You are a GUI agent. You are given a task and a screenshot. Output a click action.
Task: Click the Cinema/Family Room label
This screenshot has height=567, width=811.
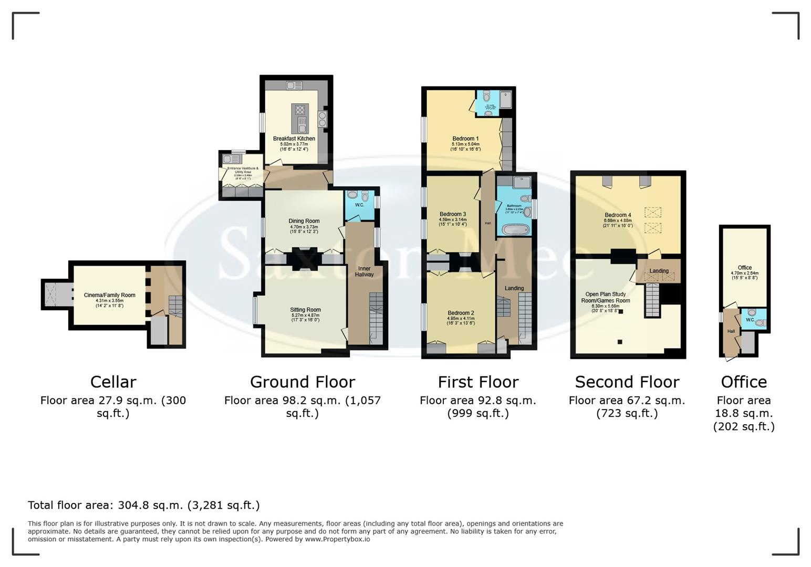[109, 295]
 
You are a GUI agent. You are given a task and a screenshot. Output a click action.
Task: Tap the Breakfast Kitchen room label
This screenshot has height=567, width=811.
[294, 139]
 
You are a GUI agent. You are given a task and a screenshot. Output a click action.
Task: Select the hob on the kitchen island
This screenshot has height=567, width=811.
[300, 110]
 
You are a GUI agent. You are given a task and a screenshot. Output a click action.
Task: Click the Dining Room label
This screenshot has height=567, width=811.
[304, 221]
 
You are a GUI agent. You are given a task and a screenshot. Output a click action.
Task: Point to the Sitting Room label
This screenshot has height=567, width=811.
[305, 310]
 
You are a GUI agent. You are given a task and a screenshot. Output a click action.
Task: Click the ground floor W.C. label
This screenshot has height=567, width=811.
[359, 205]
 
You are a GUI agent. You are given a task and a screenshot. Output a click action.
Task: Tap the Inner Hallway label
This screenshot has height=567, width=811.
[364, 271]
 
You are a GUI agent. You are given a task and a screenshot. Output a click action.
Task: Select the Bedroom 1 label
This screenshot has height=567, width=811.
[465, 139]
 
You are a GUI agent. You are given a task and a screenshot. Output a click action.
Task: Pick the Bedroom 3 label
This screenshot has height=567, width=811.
[452, 214]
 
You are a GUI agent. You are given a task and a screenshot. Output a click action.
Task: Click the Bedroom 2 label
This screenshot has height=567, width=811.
[461, 313]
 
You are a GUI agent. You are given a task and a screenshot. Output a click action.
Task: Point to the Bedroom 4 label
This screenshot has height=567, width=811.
[618, 215]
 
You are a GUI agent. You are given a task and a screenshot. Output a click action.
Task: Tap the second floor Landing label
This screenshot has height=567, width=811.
[659, 271]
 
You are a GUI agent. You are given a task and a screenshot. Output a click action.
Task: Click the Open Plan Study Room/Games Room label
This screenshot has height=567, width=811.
[605, 298]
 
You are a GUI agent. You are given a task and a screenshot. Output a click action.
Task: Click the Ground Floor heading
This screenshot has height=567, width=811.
[302, 382]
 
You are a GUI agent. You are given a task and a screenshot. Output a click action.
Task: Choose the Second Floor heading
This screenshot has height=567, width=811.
[627, 382]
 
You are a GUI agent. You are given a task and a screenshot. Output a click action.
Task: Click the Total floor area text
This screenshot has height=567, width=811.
[143, 505]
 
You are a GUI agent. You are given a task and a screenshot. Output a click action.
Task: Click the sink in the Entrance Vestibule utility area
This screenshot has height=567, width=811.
[228, 159]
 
